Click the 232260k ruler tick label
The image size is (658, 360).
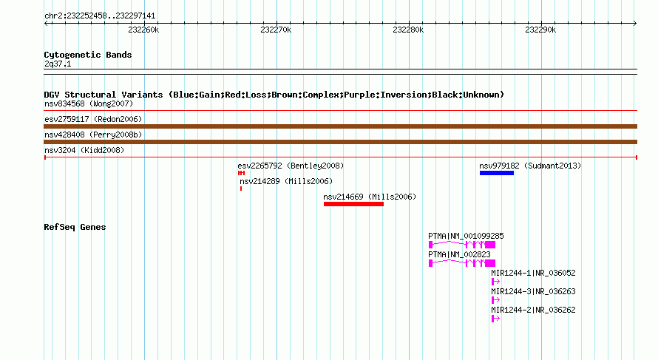143,30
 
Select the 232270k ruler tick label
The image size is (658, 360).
276,30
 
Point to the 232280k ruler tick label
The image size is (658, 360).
408,30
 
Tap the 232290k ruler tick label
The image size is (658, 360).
540,30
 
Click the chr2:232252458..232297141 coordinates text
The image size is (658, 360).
100,16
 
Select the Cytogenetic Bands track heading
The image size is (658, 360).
88,55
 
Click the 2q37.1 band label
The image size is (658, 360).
58,64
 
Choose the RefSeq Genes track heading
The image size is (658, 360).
75,227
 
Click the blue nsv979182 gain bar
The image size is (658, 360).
497,173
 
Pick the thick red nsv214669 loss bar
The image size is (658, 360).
353,204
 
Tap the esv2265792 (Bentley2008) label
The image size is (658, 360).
291,166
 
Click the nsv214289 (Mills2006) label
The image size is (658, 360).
286,181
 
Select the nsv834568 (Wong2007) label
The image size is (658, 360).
89,103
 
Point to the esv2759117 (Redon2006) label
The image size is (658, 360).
93,119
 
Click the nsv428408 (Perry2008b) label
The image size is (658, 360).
93,135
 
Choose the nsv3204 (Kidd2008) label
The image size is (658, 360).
84,150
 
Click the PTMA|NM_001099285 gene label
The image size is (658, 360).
466,237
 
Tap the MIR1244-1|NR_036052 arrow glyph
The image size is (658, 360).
495,282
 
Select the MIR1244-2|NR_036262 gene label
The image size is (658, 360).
533,310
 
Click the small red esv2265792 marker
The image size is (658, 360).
241,173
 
